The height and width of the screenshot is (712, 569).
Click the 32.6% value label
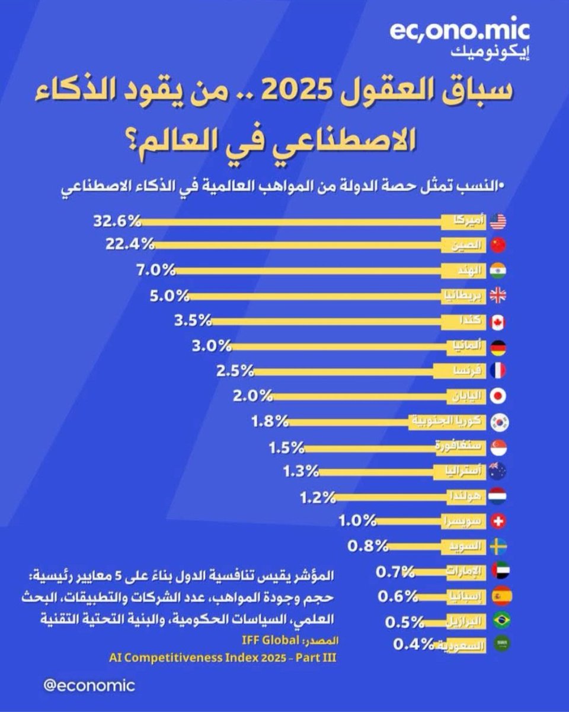pos(117,221)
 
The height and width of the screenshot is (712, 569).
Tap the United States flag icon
pos(498,221)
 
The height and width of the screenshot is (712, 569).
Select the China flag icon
pos(498,245)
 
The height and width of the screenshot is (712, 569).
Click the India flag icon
pos(498,271)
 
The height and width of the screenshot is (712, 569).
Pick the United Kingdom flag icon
pos(498,296)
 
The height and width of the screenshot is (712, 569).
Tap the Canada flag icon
pos(498,322)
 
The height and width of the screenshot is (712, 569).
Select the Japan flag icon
pos(498,396)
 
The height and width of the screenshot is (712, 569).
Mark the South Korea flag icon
pos(498,422)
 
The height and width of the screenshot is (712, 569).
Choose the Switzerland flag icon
pos(498,521)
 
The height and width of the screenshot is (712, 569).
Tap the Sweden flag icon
pos(498,546)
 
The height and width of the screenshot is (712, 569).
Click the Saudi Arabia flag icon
pos(498,644)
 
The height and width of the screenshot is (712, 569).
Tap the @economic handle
pos(89,685)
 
